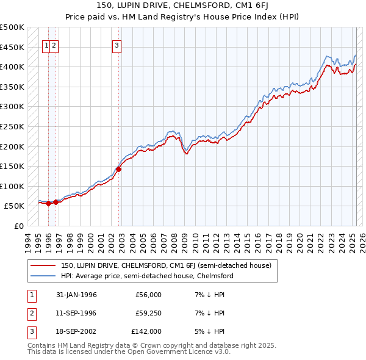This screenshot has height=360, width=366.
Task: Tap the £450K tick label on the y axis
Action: (12, 47)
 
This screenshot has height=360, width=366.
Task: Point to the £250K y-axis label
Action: (12, 126)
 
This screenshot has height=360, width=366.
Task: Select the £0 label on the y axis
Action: (20, 226)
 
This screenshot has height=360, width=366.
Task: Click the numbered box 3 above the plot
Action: (116, 44)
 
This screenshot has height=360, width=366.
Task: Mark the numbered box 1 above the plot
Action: (46, 44)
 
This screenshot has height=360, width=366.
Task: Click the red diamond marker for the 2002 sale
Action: (118, 170)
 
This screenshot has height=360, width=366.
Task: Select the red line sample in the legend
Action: (43, 265)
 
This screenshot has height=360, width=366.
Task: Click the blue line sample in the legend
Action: (43, 276)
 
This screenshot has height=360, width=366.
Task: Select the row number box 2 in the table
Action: (30, 313)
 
